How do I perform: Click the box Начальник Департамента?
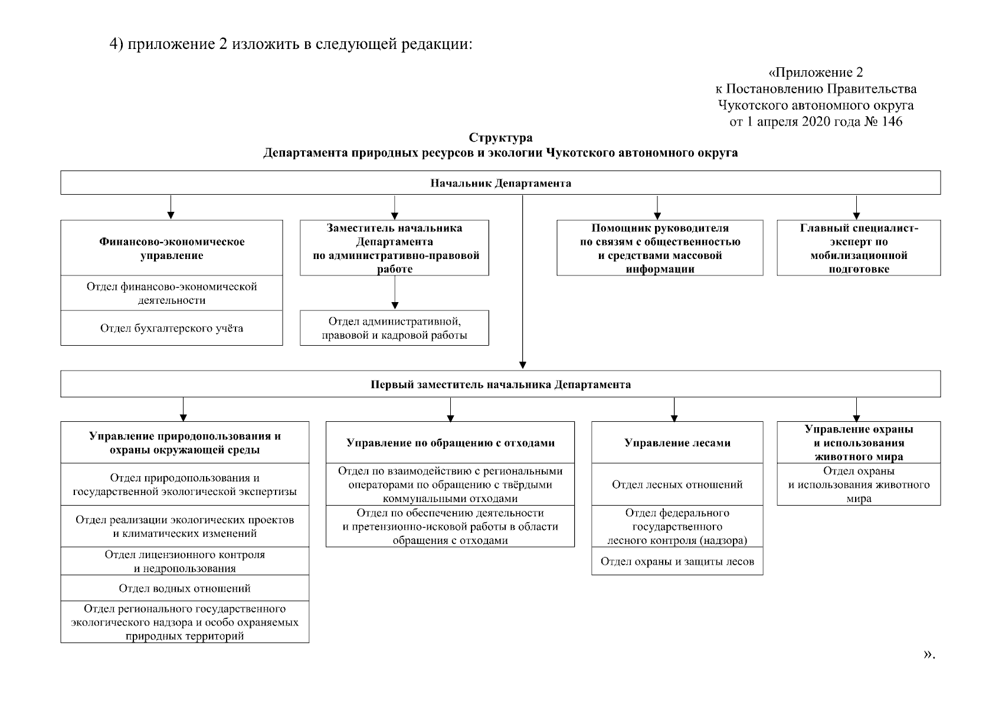(500, 183)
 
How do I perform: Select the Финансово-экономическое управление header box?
(172, 248)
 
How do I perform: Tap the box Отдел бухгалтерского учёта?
(172, 328)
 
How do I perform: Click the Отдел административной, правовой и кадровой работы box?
(394, 328)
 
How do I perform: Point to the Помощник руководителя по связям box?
(660, 248)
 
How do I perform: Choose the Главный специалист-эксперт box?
(859, 248)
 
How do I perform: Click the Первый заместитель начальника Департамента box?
(500, 385)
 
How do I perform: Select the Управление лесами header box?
(677, 442)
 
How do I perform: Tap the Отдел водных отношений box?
(185, 588)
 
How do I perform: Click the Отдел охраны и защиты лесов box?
(677, 561)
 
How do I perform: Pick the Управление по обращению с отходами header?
(450, 442)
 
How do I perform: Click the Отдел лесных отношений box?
(677, 484)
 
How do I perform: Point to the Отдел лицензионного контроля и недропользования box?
(185, 562)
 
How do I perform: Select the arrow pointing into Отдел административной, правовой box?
(395, 304)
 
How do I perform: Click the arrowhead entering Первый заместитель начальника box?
(523, 365)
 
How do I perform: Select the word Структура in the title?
(500, 137)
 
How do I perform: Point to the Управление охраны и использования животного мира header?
(859, 442)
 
